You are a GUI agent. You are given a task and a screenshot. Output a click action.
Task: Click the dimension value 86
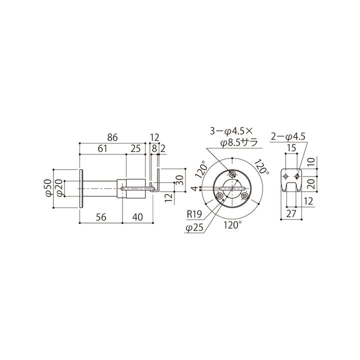click(112, 137)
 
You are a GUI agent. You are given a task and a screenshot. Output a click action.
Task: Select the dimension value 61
click(102, 148)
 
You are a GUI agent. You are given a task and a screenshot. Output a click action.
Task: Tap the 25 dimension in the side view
click(135, 148)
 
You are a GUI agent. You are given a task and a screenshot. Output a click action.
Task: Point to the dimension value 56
click(101, 217)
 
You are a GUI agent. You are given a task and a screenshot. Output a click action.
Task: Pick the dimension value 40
click(137, 217)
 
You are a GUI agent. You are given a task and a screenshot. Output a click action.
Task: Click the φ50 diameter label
click(48, 188)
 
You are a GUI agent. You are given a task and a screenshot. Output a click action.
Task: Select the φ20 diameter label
click(59, 188)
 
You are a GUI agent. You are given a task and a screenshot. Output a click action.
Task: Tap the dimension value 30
click(180, 180)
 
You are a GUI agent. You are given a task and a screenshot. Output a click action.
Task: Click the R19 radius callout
click(194, 214)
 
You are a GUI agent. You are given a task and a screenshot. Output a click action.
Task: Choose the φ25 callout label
click(194, 228)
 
